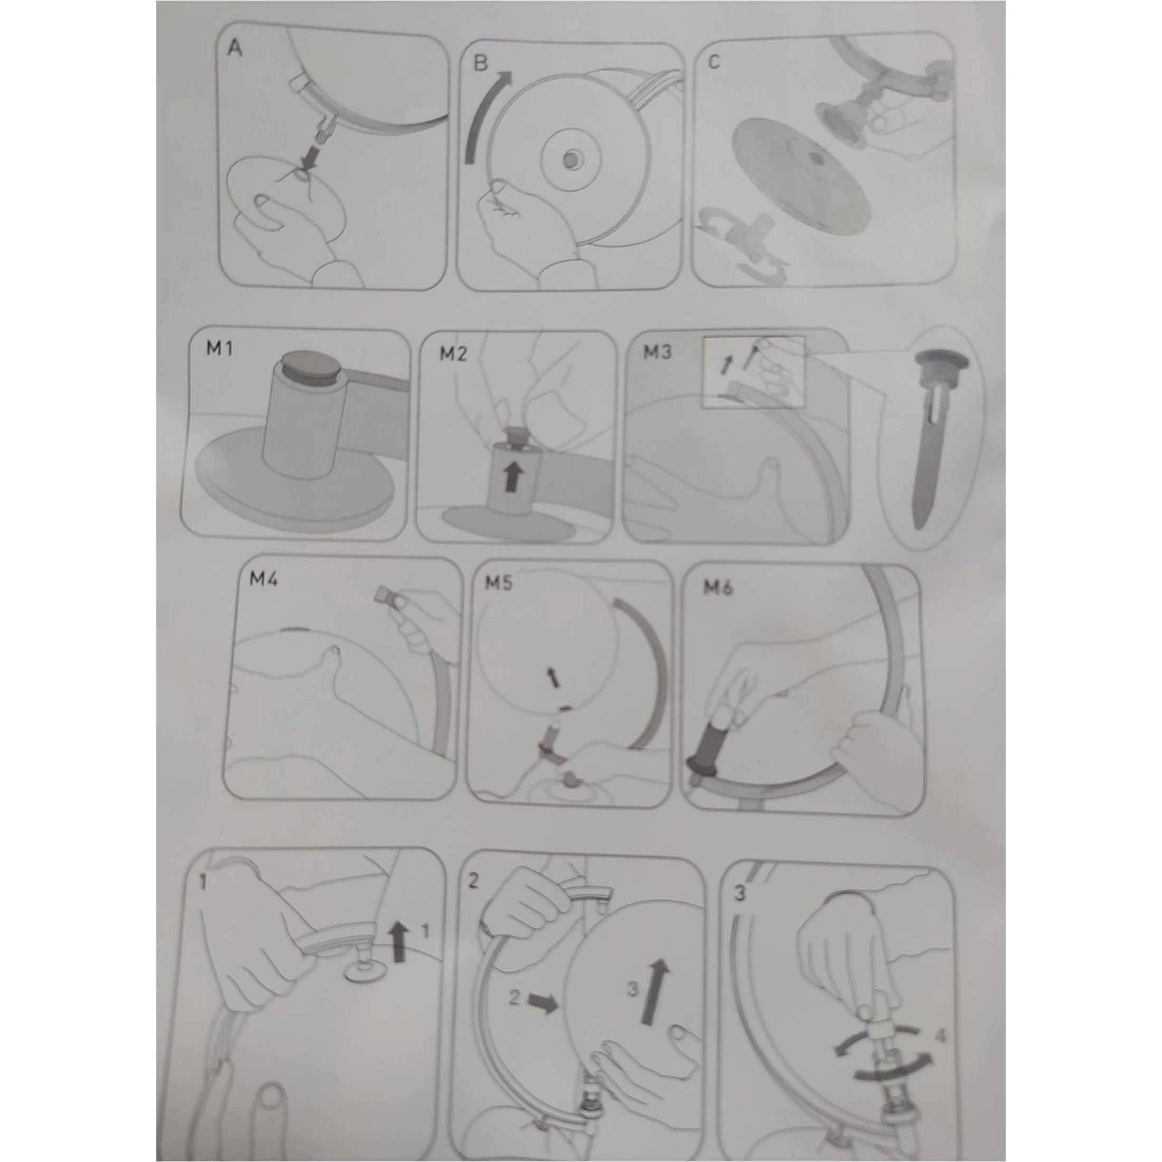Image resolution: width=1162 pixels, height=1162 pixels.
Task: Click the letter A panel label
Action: pyautogui.click(x=235, y=48)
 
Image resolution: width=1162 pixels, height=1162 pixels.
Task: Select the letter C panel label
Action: pyautogui.click(x=714, y=62)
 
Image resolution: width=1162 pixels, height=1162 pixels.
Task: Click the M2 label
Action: pyautogui.click(x=453, y=354)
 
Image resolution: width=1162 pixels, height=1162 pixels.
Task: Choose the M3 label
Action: pyautogui.click(x=658, y=352)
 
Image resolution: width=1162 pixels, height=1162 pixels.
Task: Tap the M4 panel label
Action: pyautogui.click(x=264, y=580)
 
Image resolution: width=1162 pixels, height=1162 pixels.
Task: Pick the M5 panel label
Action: pyautogui.click(x=499, y=582)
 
